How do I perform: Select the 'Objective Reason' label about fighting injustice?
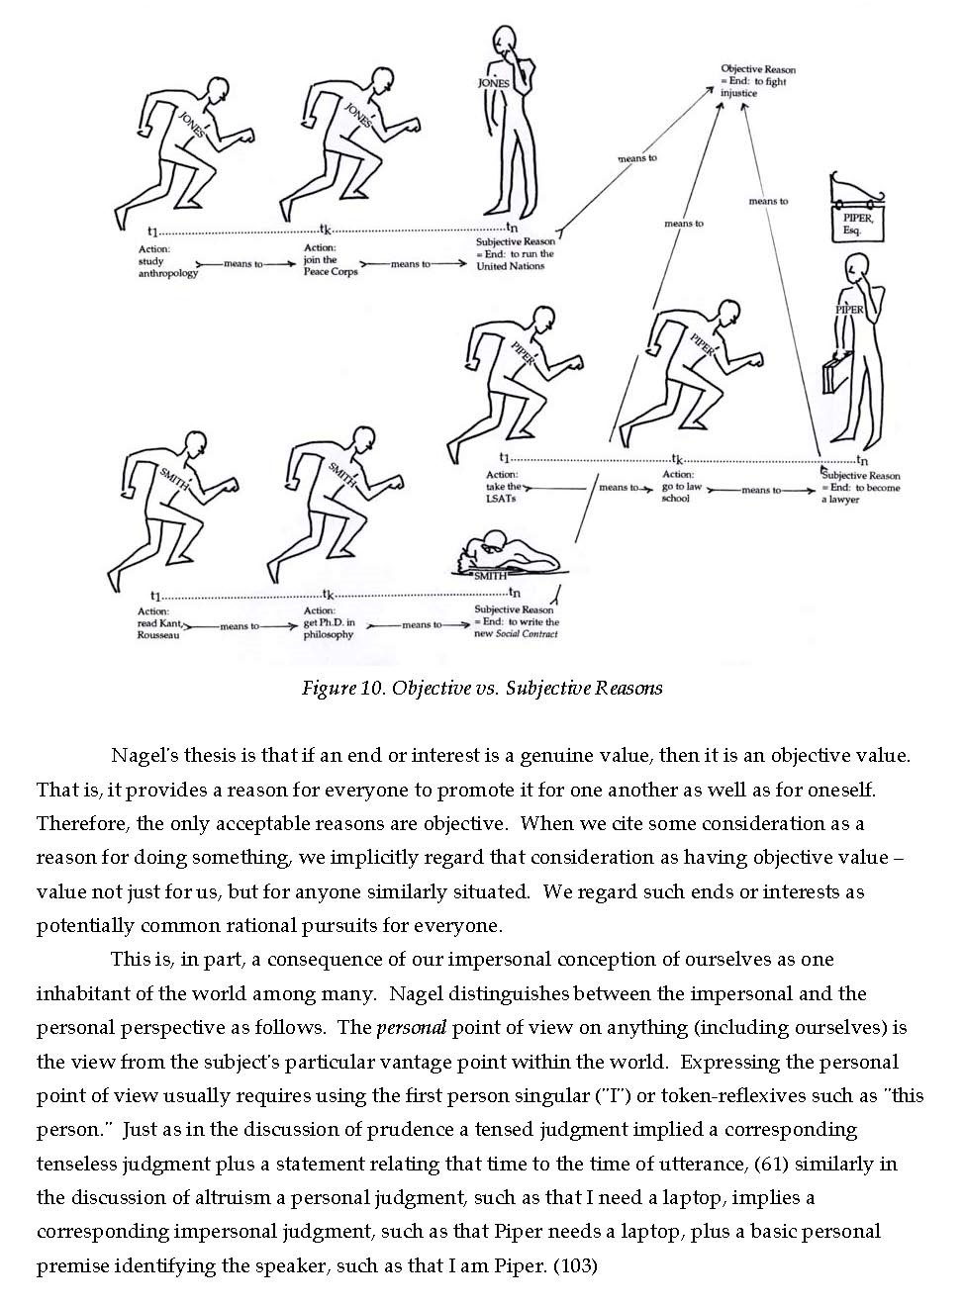click(x=757, y=81)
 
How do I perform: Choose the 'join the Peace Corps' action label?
click(x=330, y=260)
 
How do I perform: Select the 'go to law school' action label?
click(x=683, y=487)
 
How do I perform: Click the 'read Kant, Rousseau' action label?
click(x=160, y=623)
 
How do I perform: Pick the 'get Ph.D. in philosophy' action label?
click(x=329, y=623)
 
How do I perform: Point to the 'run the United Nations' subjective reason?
click(x=516, y=254)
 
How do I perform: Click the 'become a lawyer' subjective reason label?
click(x=860, y=488)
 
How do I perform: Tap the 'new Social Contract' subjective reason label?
click(x=517, y=622)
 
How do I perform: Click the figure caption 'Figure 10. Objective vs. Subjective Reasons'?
click(x=481, y=688)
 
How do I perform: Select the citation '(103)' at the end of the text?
click(x=574, y=1265)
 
